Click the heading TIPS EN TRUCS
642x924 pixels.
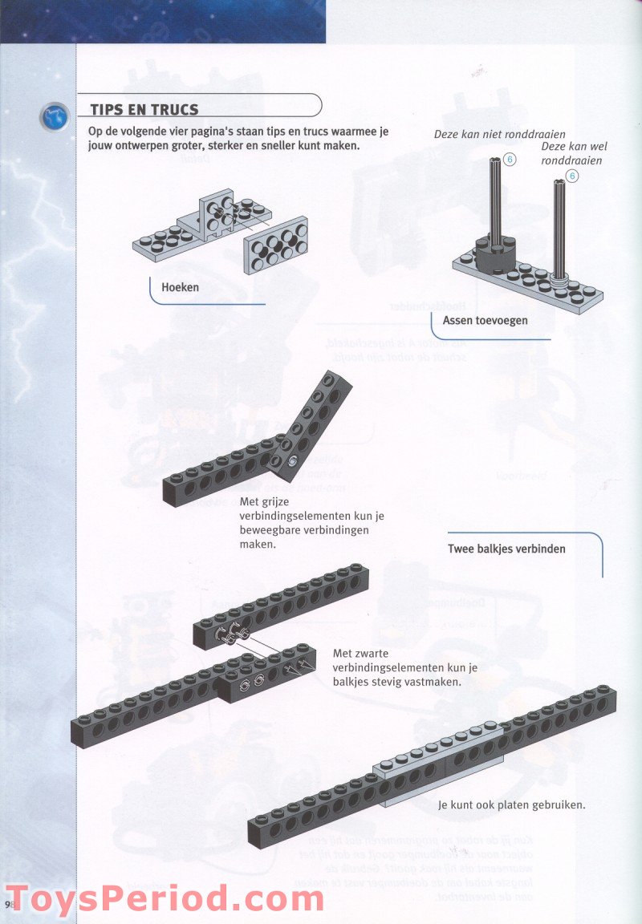pyautogui.click(x=144, y=110)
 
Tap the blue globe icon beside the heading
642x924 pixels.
pyautogui.click(x=54, y=117)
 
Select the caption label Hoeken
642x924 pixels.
pyautogui.click(x=180, y=287)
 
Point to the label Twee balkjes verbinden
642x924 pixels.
pyautogui.click(x=506, y=549)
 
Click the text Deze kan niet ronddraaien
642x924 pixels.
pyautogui.click(x=499, y=134)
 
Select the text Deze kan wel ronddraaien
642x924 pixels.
pyautogui.click(x=573, y=153)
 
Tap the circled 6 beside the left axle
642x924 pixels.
pyautogui.click(x=510, y=160)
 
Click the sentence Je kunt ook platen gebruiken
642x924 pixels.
pyautogui.click(x=511, y=804)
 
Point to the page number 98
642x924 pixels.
pyautogui.click(x=10, y=904)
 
